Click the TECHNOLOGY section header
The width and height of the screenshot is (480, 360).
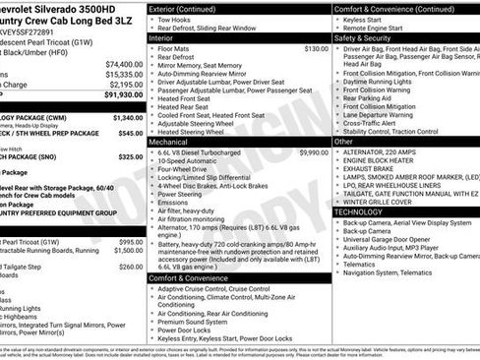[361, 211]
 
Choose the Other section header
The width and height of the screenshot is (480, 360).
[344, 142]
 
